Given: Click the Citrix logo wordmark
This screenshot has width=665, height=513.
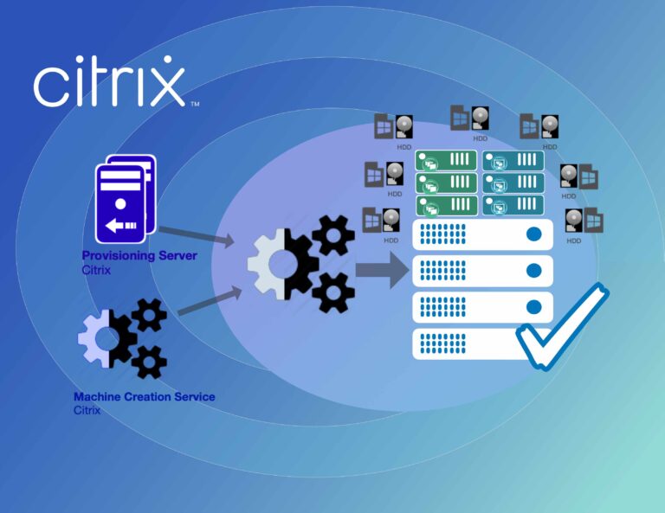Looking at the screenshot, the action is pyautogui.click(x=109, y=81).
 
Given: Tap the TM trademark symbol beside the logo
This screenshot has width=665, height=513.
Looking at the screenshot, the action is pyautogui.click(x=195, y=104).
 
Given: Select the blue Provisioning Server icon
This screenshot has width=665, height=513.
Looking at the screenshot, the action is pyautogui.click(x=126, y=199).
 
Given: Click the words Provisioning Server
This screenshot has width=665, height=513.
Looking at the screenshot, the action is pyautogui.click(x=139, y=255).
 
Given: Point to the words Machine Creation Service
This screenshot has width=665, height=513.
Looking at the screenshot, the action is pyautogui.click(x=145, y=396).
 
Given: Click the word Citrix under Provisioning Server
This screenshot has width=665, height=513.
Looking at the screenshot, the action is pyautogui.click(x=96, y=270).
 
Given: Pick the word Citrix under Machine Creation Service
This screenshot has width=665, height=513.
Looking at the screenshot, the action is pyautogui.click(x=87, y=410).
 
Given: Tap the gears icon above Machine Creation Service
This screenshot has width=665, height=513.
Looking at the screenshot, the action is pyautogui.click(x=123, y=338).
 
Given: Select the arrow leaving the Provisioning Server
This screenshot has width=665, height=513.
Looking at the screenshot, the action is pyautogui.click(x=197, y=235).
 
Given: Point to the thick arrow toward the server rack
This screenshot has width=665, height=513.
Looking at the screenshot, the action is pyautogui.click(x=383, y=270).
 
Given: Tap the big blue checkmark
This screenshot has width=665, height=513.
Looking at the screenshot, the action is pyautogui.click(x=562, y=326).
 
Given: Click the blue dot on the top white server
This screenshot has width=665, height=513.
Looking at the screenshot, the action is pyautogui.click(x=533, y=234).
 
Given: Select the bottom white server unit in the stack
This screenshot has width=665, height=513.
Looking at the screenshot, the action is pyautogui.click(x=472, y=343).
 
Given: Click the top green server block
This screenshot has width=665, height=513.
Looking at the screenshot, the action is pyautogui.click(x=446, y=161).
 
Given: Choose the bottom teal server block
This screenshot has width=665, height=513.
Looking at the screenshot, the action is pyautogui.click(x=513, y=205).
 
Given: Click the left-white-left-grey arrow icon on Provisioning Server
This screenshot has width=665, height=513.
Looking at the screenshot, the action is pyautogui.click(x=121, y=226).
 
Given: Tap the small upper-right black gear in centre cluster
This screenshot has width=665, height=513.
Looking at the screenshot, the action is pyautogui.click(x=332, y=235).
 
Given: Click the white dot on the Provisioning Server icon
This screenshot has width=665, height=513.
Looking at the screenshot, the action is pyautogui.click(x=120, y=204).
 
